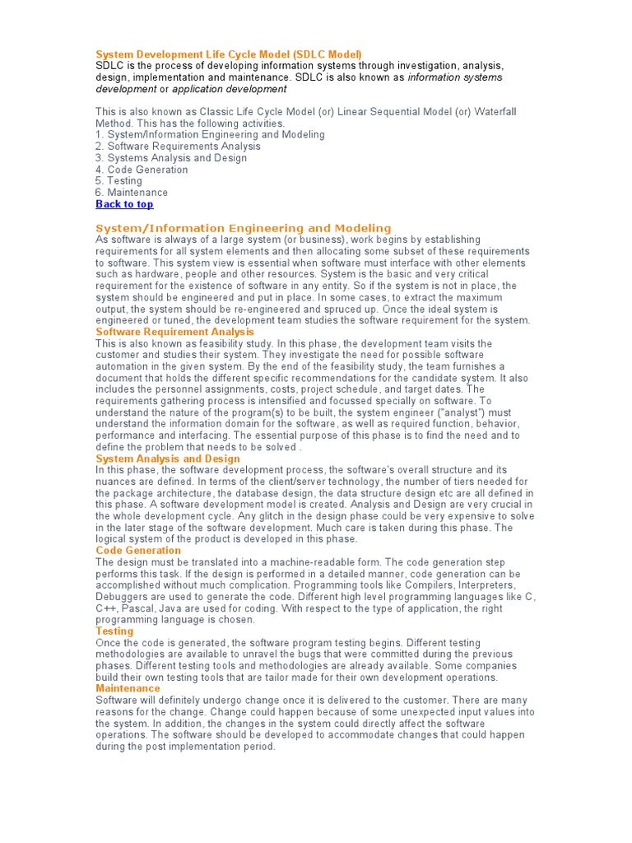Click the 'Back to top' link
coord(124,204)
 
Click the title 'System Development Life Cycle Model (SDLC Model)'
coord(229,54)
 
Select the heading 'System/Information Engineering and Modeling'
coord(244,228)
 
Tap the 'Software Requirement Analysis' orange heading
coord(175,332)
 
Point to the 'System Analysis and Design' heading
coord(168,459)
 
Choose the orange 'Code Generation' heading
coord(138,550)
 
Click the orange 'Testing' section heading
coord(114,631)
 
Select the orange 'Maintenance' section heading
coord(128,688)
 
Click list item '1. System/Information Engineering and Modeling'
coord(210,134)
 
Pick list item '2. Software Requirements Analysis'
coord(178,147)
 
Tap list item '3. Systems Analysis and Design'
coord(171,158)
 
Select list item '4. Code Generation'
coord(142,170)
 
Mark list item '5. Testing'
coord(118,181)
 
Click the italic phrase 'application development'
coord(230,89)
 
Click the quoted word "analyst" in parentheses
coord(465,412)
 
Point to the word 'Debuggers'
coord(122,597)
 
